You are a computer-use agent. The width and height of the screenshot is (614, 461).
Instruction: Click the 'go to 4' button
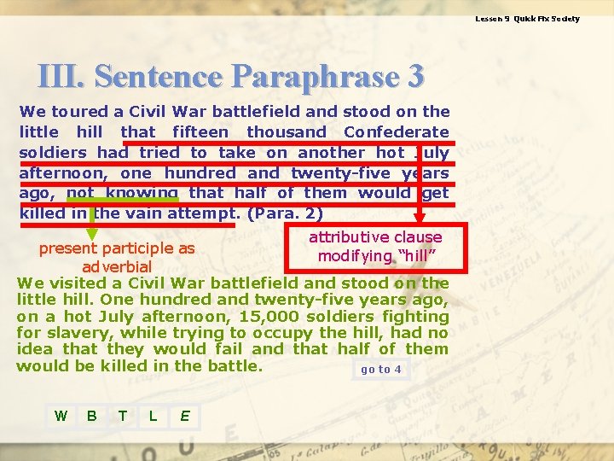(x=380, y=370)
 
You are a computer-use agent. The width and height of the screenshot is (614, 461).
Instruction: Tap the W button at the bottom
(x=61, y=416)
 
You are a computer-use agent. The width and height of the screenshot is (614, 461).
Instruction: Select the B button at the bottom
(x=91, y=416)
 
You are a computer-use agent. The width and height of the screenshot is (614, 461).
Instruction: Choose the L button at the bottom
(x=153, y=416)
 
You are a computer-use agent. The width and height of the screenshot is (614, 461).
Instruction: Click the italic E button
(x=184, y=416)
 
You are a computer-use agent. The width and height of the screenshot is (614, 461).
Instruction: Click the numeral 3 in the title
(x=415, y=77)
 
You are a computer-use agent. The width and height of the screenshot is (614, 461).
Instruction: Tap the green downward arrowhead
(x=93, y=231)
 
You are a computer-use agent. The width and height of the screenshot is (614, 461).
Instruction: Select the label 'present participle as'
(x=117, y=249)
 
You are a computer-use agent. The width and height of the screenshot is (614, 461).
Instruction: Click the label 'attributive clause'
(x=375, y=237)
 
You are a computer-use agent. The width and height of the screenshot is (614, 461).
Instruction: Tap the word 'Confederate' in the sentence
(x=396, y=131)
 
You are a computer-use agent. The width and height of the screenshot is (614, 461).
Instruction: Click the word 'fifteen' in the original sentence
(x=200, y=131)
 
